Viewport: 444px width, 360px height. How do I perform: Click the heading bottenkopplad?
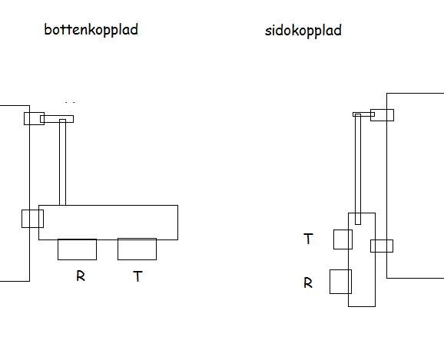pyautogui.click(x=91, y=30)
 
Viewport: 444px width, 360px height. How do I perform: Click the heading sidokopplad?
pyautogui.click(x=303, y=30)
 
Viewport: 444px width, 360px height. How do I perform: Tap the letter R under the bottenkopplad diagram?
pyautogui.click(x=81, y=276)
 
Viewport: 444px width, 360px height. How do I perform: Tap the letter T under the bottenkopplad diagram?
pyautogui.click(x=138, y=276)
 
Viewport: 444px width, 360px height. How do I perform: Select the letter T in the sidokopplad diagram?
pyautogui.click(x=308, y=239)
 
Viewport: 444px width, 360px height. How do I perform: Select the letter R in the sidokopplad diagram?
pyautogui.click(x=308, y=282)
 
